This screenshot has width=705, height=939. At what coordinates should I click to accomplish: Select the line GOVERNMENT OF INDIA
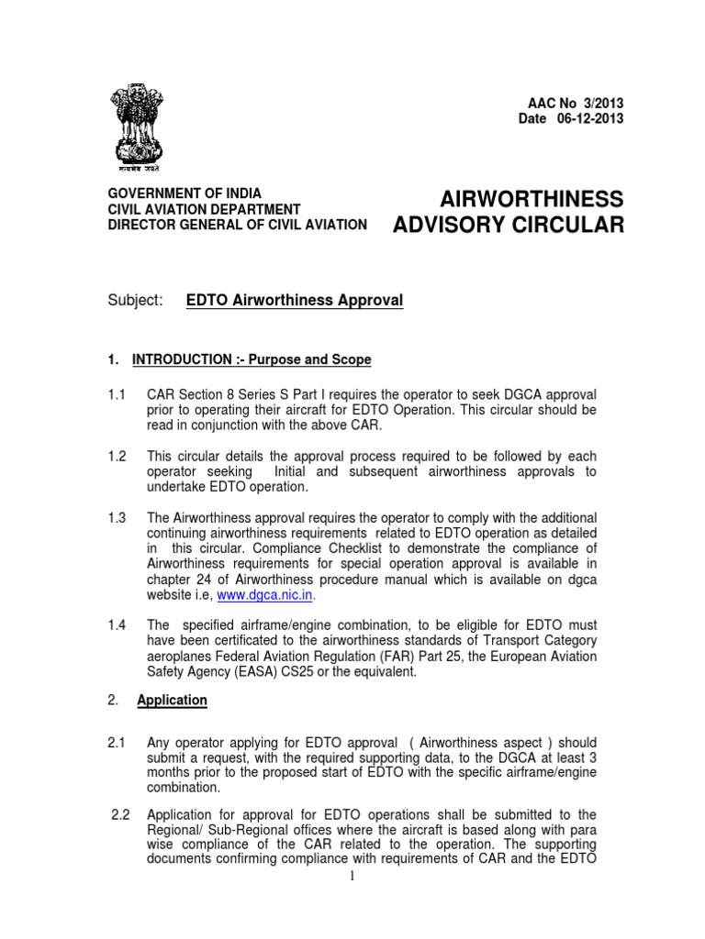point(185,193)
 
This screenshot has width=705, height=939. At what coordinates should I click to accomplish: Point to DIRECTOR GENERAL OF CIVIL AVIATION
point(238,225)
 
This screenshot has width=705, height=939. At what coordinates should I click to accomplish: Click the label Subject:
point(135,301)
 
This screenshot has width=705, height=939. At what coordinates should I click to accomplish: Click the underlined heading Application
point(172,700)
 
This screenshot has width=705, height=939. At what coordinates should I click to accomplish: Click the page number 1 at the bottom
point(352,877)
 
